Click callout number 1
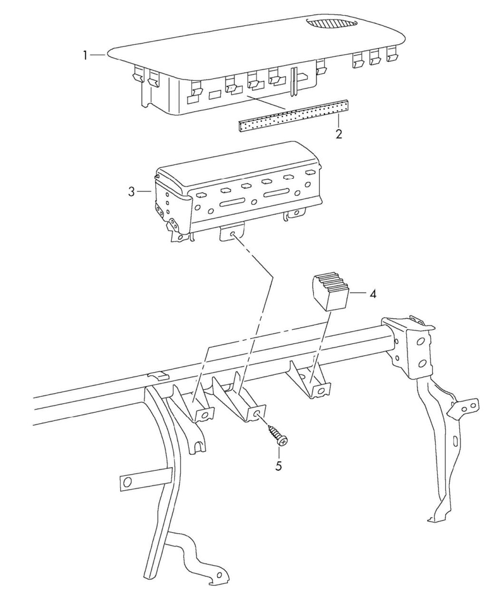[85, 55]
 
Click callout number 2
[339, 134]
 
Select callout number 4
[372, 294]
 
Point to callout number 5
[279, 466]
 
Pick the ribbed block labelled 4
[331, 292]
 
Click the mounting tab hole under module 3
[233, 234]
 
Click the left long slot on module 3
[233, 203]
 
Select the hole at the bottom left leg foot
[219, 581]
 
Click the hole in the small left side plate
[127, 483]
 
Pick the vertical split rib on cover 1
[294, 82]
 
